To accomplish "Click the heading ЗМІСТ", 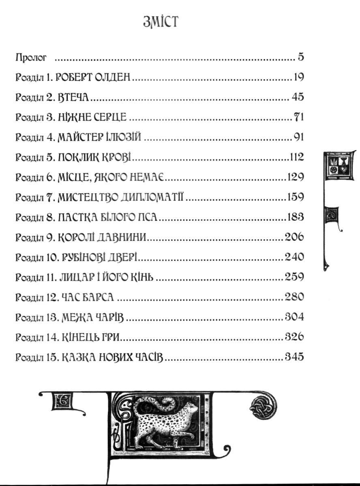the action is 161,22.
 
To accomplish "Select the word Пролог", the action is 31,58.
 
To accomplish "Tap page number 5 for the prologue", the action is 301,58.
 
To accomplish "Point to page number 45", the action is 298,97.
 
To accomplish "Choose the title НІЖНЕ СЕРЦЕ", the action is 92,117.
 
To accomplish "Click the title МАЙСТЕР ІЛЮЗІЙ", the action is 99,137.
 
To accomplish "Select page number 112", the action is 297,157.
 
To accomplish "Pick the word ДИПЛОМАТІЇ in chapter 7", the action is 152,197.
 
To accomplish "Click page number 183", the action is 296,217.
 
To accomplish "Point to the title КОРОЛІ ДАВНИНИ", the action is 102,237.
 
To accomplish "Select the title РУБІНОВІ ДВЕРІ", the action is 98,258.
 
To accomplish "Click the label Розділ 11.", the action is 36,277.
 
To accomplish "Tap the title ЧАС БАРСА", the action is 87,297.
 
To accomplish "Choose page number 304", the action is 294,317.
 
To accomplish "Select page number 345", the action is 294,357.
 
